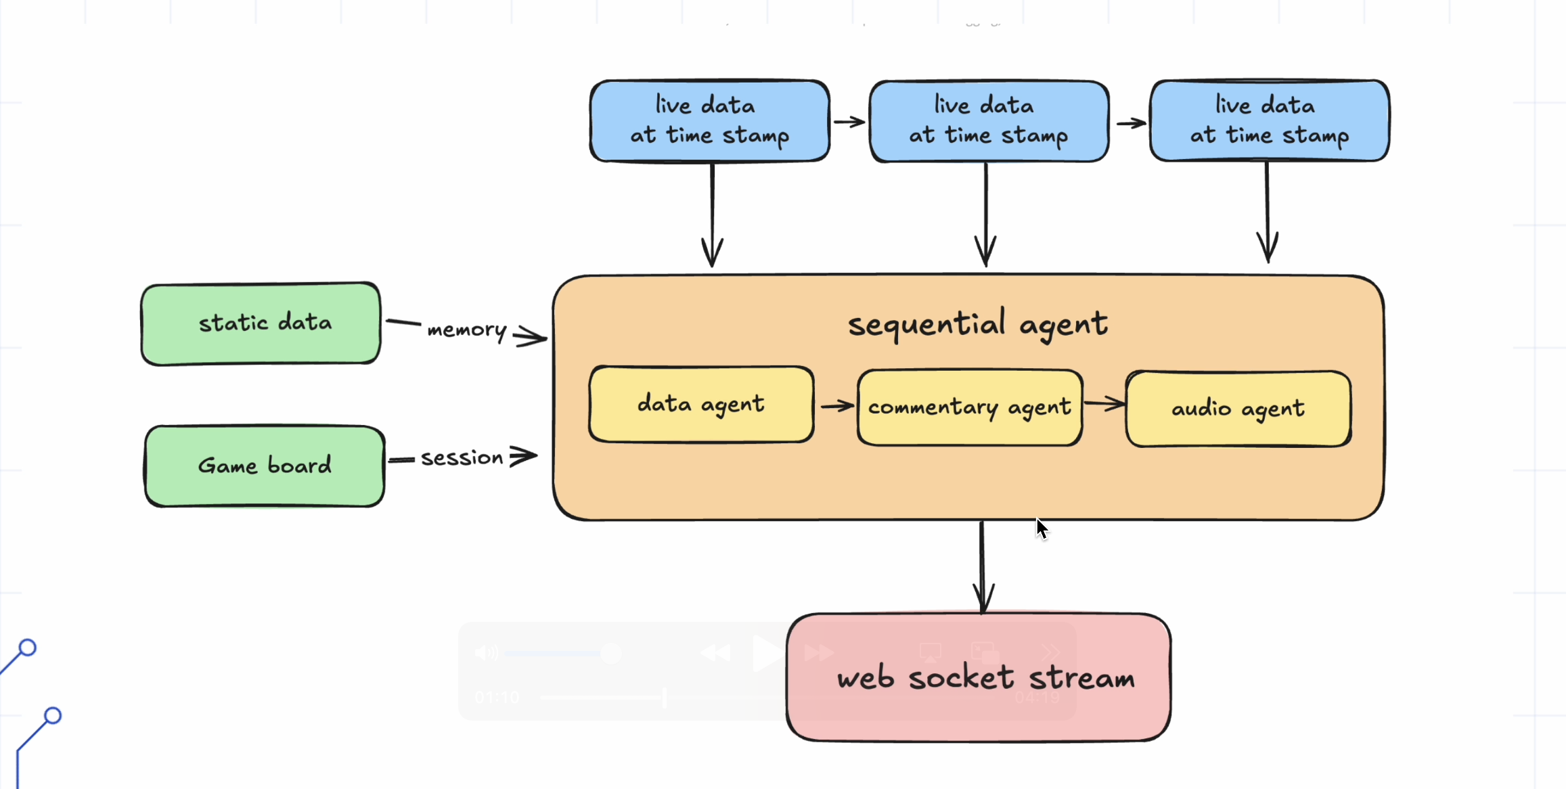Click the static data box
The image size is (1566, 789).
point(261,323)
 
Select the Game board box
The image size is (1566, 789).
point(265,466)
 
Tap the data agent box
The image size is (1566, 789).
point(701,405)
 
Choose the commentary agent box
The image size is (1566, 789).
point(970,407)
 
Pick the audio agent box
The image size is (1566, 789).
point(1238,409)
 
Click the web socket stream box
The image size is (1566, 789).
point(979,677)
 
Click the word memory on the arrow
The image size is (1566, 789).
point(467,330)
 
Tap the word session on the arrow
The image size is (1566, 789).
point(462,458)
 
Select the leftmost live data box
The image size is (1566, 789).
point(710,121)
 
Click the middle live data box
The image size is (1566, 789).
point(989,121)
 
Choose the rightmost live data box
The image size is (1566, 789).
point(1270,120)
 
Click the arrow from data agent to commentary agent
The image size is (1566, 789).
point(837,406)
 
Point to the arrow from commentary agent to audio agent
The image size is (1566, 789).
point(1104,404)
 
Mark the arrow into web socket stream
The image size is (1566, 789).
point(983,567)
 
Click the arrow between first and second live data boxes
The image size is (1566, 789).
point(849,122)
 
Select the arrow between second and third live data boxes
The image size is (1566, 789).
point(1131,123)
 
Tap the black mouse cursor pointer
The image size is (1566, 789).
point(1042,528)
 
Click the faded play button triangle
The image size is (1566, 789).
point(767,654)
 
